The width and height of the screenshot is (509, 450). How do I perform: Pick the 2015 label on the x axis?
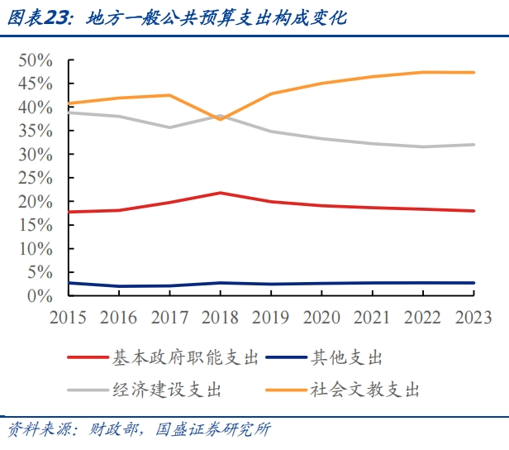69,317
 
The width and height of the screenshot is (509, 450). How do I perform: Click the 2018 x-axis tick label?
220,317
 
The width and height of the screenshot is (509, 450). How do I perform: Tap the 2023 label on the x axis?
472,317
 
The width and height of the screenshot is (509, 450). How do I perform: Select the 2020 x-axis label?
321,317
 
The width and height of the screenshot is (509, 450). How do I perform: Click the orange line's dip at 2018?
220,119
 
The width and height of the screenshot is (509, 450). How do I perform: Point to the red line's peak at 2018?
220,193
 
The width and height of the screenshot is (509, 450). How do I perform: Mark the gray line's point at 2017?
169,127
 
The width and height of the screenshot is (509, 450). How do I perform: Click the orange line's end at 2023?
473,73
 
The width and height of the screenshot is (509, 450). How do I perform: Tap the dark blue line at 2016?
120,286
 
